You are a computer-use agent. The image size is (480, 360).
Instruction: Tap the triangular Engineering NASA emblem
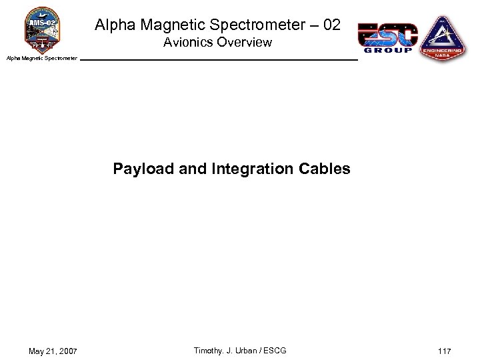(x=443, y=39)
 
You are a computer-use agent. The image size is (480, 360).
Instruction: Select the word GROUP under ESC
(x=387, y=50)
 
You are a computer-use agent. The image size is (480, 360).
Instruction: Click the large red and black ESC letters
(x=387, y=33)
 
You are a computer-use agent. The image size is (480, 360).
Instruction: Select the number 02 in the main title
(x=330, y=25)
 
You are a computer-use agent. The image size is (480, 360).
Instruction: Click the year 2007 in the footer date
(x=67, y=351)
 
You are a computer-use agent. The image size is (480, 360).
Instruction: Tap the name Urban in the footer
(x=247, y=351)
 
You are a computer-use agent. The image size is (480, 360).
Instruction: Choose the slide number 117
(x=445, y=351)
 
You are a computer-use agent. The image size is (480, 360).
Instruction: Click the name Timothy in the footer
(x=207, y=351)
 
